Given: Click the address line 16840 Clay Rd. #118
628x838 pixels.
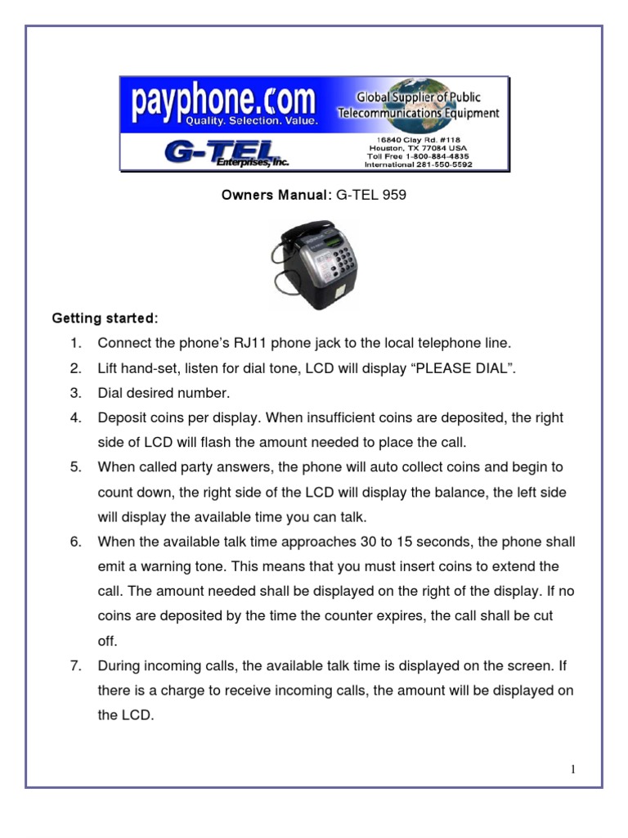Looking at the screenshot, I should coord(418,140).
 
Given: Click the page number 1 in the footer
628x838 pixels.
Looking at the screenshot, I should coord(574,769).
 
